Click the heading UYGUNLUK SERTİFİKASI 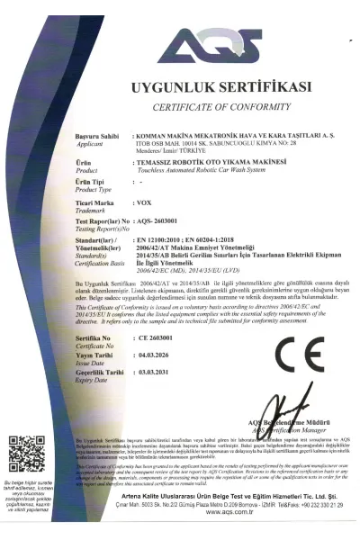(221, 87)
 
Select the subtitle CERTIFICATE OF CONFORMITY (221, 105)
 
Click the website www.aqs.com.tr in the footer (214, 535)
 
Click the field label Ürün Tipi (94, 182)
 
